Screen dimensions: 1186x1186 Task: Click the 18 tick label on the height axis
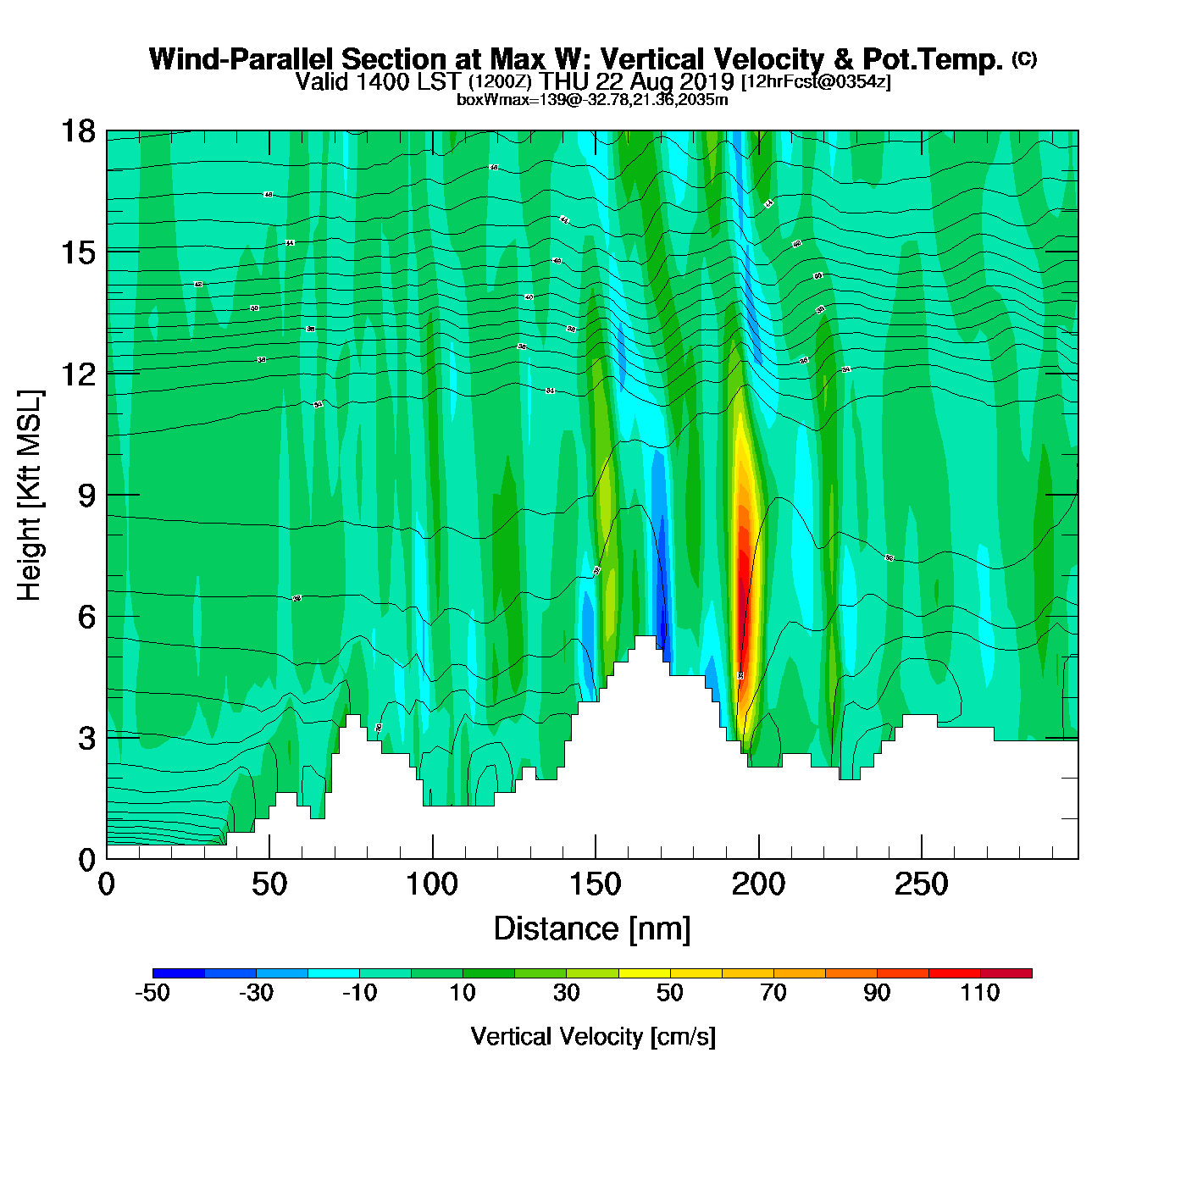[x=77, y=131]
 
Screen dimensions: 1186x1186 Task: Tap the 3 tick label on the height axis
[x=86, y=738]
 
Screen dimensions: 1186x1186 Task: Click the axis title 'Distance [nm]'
[x=592, y=929]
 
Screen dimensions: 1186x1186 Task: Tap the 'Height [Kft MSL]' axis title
[x=30, y=496]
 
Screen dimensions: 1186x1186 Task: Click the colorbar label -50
[x=152, y=993]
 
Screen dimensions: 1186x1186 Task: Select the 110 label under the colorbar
[x=980, y=993]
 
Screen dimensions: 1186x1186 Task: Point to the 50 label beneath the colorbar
[x=670, y=993]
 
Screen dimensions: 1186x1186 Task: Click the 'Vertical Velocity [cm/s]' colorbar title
[x=593, y=1036]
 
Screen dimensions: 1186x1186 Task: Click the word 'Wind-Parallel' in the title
[x=241, y=60]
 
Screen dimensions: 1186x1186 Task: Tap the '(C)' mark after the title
[x=1024, y=58]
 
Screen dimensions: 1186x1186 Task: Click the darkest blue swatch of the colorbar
[x=179, y=973]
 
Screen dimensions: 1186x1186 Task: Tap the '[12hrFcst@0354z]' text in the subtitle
[x=816, y=82]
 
